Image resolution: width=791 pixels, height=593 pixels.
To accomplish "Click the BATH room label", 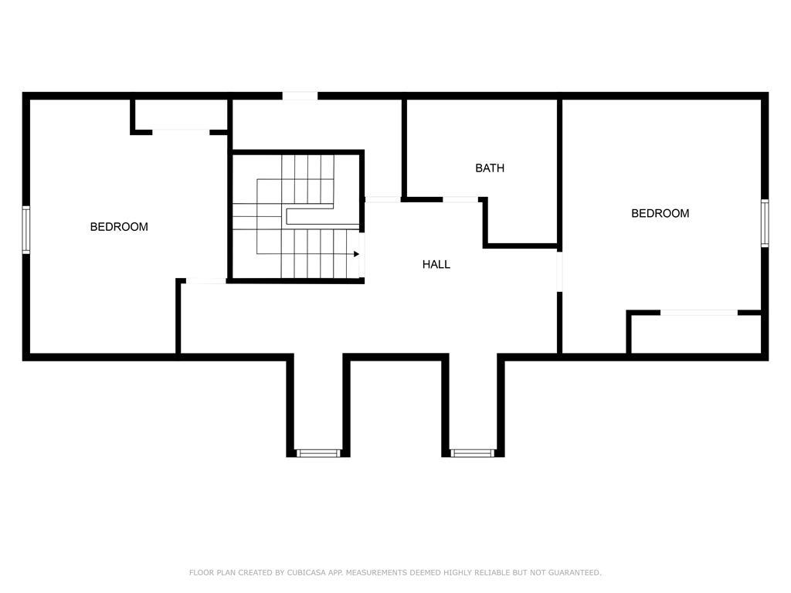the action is tap(489, 168).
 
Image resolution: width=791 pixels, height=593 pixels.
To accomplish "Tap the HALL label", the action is tap(436, 264).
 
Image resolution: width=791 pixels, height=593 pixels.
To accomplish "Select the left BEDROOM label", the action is tap(119, 227).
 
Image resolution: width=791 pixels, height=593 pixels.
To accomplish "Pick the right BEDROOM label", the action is tap(660, 213).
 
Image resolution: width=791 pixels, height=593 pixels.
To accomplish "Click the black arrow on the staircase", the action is tap(356, 254).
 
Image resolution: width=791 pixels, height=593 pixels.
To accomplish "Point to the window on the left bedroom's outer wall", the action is tap(25, 229).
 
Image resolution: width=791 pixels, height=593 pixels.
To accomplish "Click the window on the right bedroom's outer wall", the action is tap(765, 223).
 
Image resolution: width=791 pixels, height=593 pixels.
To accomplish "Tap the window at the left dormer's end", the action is tap(318, 453).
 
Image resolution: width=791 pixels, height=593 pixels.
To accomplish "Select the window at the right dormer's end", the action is tap(473, 453).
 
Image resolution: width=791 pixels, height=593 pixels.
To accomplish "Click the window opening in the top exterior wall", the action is tap(300, 96).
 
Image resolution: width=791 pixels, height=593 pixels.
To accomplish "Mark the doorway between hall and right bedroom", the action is tap(559, 272).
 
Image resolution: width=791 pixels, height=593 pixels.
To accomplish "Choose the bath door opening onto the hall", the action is tap(460, 200).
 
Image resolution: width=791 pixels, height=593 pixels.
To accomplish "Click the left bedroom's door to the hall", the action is tap(205, 281).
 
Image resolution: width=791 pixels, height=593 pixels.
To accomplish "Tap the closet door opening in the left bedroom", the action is tap(181, 132).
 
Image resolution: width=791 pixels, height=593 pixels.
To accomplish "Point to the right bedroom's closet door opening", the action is tap(698, 313).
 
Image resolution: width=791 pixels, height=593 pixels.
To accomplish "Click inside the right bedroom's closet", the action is tap(696, 334).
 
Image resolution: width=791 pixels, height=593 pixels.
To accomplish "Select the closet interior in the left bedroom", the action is tap(181, 114).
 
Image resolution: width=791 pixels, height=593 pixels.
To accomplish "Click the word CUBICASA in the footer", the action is tap(306, 572).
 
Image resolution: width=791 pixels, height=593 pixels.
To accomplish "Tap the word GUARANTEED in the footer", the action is tap(575, 572).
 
